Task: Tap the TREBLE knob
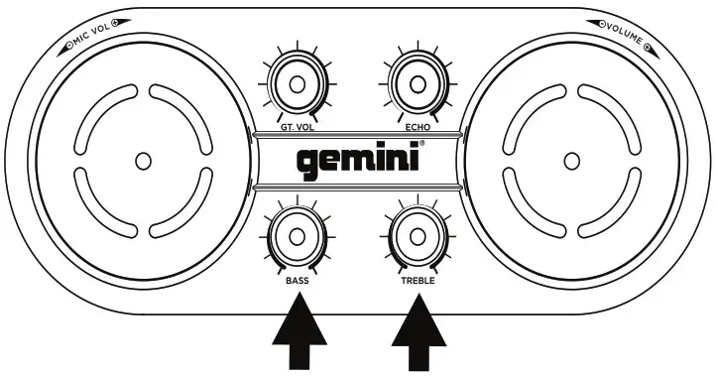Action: (417, 236)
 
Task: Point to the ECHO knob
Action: (417, 85)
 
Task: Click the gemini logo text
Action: (357, 161)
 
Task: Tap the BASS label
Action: (297, 281)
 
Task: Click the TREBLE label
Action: (417, 281)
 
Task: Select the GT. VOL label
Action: (294, 129)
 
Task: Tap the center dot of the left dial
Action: (143, 159)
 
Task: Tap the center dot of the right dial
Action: (570, 159)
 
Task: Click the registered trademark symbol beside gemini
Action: (421, 144)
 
